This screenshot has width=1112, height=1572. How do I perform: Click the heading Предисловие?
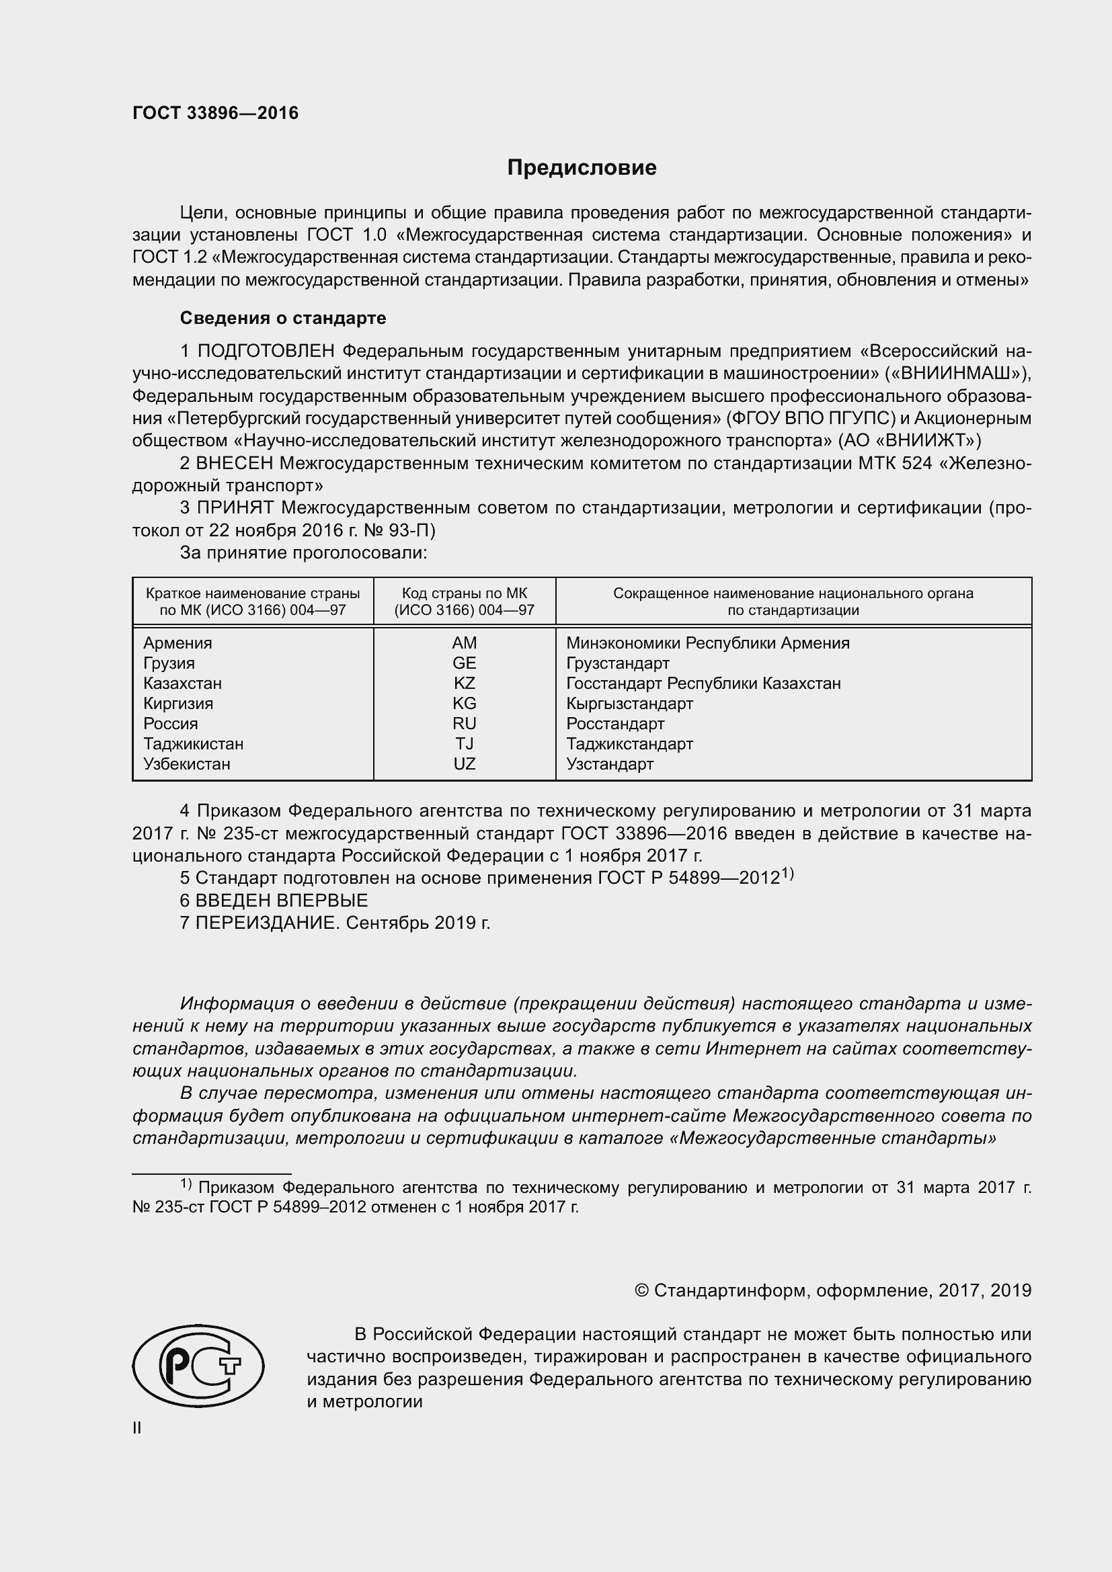tap(582, 168)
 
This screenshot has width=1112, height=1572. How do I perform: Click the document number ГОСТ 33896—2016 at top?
tap(215, 114)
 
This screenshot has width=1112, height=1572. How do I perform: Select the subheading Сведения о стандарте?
tap(283, 318)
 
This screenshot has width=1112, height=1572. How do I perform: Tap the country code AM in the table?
tap(465, 643)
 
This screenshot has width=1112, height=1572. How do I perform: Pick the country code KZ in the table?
tap(465, 684)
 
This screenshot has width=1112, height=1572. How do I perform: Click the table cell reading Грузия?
tap(169, 663)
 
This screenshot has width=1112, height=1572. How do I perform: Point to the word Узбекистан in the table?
tap(187, 763)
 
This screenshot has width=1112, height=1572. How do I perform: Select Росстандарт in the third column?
tap(615, 724)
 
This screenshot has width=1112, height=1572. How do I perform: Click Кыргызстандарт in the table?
tap(629, 703)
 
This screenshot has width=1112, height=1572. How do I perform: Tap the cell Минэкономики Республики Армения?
tap(707, 643)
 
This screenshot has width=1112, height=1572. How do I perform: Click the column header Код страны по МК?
tap(465, 593)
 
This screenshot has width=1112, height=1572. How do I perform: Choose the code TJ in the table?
tap(465, 743)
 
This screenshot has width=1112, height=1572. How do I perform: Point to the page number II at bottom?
tap(137, 1428)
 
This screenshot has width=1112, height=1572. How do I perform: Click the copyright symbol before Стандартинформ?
tap(641, 1290)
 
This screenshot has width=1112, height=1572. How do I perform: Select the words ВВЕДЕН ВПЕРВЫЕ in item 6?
tap(282, 901)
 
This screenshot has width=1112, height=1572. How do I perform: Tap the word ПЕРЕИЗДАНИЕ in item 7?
tap(267, 923)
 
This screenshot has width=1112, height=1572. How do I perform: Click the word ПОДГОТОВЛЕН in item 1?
tap(266, 351)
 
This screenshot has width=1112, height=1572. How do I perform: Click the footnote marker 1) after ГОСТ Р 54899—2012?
tap(787, 874)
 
